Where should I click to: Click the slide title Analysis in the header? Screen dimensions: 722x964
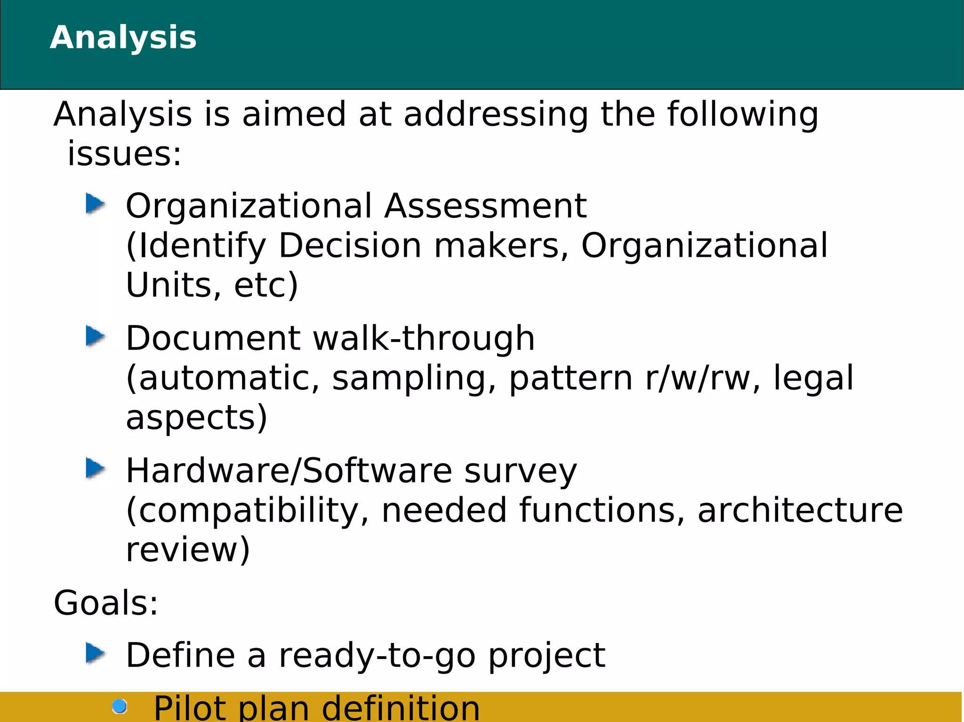coord(123,38)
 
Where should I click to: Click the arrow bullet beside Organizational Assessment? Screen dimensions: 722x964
coord(96,204)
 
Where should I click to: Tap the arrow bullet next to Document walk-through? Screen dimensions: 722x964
coord(96,336)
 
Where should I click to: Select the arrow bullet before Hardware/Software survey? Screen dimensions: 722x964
coord(96,468)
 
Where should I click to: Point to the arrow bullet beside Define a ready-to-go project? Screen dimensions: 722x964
coord(96,653)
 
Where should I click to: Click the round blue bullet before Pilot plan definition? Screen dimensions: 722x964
coord(120,706)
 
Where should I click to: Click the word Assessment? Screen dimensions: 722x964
coord(485,206)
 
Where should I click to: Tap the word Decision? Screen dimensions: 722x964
coord(350,246)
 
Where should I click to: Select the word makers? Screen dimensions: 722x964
coord(501,246)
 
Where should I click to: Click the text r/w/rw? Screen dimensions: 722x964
coord(697,378)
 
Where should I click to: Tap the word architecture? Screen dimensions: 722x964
coord(800,510)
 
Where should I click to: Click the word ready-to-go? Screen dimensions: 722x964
coord(377,656)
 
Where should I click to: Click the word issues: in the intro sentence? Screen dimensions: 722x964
coord(124,154)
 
